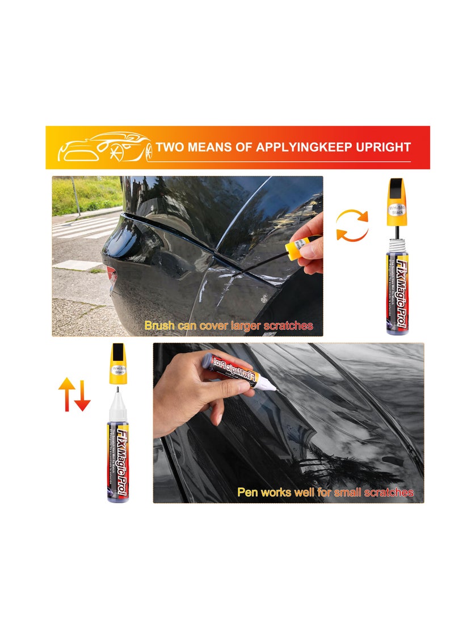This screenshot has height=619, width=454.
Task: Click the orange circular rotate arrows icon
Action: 352,225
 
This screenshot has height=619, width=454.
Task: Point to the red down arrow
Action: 83,395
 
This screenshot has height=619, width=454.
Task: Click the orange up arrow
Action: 66,392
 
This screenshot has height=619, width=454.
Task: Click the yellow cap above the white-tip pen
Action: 117,363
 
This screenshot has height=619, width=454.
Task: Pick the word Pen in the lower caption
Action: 247,492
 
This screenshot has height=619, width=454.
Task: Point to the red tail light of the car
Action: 111,277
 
